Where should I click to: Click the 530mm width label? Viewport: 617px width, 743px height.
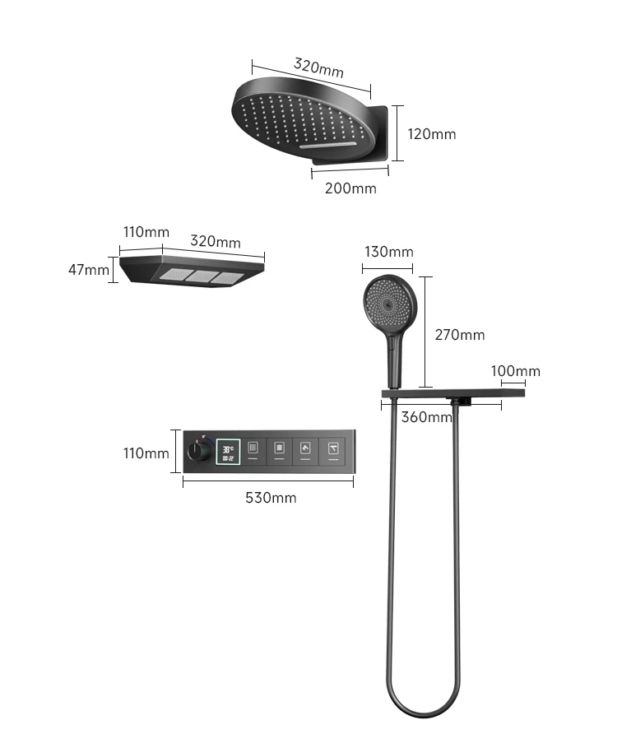[271, 498]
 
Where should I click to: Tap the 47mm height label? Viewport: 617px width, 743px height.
[88, 269]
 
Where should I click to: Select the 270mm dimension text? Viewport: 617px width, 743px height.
[460, 334]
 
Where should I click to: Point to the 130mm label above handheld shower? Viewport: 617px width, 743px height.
[388, 252]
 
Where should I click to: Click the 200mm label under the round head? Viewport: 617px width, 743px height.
[350, 188]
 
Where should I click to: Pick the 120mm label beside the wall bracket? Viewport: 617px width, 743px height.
[432, 134]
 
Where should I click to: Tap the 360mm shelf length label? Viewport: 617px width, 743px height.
[426, 416]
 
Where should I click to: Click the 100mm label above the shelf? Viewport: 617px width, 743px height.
[516, 371]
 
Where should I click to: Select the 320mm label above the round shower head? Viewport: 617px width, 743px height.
[318, 67]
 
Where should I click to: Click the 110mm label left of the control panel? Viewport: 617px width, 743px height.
[146, 453]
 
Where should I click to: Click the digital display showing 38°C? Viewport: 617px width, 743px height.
[228, 451]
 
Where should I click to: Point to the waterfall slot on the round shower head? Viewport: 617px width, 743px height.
[328, 146]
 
